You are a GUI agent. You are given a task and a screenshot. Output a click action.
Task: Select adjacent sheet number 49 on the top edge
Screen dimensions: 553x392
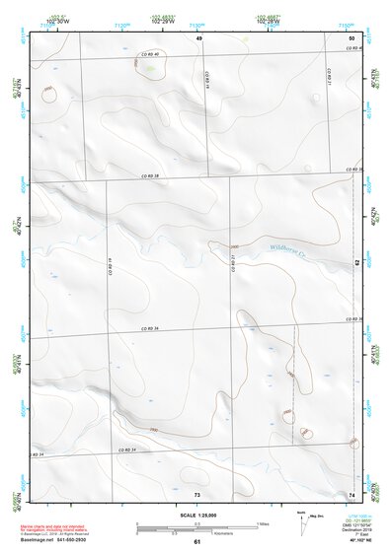[197, 36]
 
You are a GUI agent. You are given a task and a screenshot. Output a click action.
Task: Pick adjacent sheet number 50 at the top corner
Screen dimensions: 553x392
[352, 36]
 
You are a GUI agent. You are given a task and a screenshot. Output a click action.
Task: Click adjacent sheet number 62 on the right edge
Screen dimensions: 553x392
[357, 262]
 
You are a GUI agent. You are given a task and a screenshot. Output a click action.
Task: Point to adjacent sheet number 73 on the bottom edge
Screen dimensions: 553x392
[197, 493]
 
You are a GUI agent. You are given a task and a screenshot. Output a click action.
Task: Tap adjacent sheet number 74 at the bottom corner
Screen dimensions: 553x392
[352, 493]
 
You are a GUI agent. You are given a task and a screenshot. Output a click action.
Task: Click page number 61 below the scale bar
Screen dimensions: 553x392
[197, 542]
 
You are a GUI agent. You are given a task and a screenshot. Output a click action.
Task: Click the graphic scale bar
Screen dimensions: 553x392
[196, 526]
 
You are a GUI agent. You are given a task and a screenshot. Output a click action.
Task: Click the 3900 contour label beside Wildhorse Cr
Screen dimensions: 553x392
[234, 246]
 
